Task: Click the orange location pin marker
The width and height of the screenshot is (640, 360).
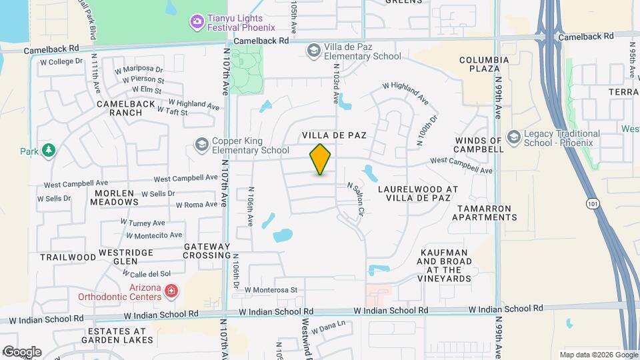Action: [x=320, y=159]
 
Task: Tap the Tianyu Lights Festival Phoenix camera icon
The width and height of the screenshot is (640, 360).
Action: [x=197, y=23]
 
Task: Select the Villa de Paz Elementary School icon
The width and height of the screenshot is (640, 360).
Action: [x=313, y=50]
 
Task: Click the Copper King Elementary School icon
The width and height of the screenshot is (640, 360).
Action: [x=201, y=145]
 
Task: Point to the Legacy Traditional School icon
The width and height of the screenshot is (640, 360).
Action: [x=513, y=137]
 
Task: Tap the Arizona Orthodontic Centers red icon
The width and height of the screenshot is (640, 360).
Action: [x=171, y=291]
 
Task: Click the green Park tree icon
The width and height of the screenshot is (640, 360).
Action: [x=48, y=151]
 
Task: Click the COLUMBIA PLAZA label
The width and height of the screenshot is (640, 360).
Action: [x=484, y=64]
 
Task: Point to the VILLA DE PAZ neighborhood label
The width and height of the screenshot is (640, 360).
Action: [x=335, y=135]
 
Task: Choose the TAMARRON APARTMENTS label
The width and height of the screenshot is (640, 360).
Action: [x=484, y=213]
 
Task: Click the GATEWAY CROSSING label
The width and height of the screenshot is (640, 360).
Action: [x=207, y=251]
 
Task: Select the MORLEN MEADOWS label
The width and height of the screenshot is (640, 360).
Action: [x=114, y=197]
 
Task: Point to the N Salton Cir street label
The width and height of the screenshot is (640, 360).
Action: [x=353, y=199]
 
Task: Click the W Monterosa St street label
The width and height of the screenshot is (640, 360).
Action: [x=270, y=290]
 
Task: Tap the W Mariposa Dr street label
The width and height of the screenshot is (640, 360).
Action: [x=139, y=69]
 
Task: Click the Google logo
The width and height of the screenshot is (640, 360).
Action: [x=21, y=351]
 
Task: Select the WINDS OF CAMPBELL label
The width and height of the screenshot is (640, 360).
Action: [x=478, y=145]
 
